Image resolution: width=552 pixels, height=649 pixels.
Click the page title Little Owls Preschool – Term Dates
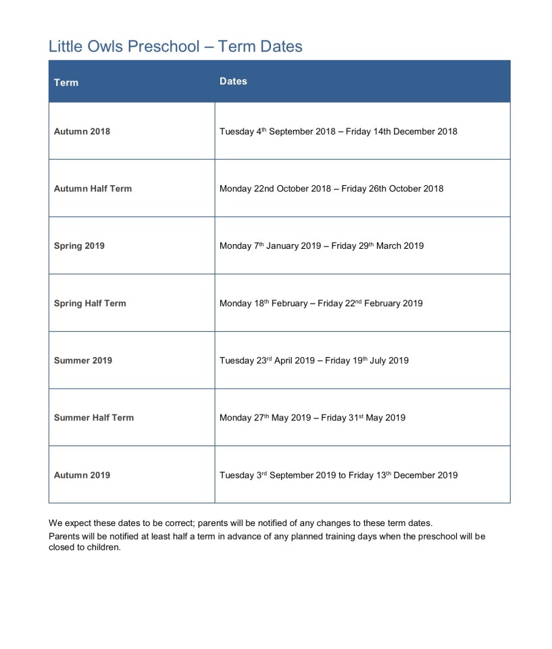pyautogui.click(x=175, y=46)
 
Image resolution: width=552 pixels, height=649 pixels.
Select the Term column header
pyautogui.click(x=66, y=82)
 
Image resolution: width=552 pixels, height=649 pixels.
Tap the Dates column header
pyautogui.click(x=233, y=81)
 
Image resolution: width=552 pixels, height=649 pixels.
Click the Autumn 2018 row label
pyautogui.click(x=82, y=131)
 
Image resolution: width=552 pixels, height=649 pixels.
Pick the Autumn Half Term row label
pyautogui.click(x=93, y=189)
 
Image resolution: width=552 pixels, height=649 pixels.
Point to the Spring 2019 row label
pyautogui.click(x=79, y=246)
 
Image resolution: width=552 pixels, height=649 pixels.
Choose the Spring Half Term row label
pyautogui.click(x=90, y=304)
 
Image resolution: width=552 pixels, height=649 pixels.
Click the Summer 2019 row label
pyautogui.click(x=83, y=360)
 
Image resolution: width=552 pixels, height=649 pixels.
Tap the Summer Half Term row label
pyautogui.click(x=94, y=418)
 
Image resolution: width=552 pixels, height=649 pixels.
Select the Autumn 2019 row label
pyautogui.click(x=82, y=475)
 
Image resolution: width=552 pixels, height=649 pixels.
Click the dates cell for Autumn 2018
pyautogui.click(x=338, y=131)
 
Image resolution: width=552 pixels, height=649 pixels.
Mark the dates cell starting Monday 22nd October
pyautogui.click(x=331, y=189)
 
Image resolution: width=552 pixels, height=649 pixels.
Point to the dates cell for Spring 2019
pyautogui.click(x=322, y=246)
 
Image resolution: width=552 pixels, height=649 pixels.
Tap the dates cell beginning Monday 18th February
pyautogui.click(x=321, y=304)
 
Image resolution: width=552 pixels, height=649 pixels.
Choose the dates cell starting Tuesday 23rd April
pyautogui.click(x=313, y=360)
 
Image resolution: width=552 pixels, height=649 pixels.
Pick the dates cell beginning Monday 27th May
pyautogui.click(x=312, y=418)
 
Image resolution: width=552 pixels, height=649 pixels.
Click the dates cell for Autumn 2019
pyautogui.click(x=338, y=475)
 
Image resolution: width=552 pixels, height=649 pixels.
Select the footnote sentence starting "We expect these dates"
pyautogui.click(x=240, y=523)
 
